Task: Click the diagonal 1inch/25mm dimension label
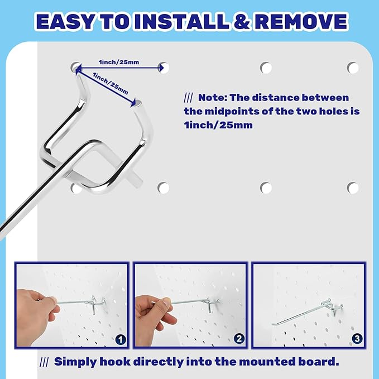coord(111,83)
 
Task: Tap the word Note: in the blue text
coord(214,98)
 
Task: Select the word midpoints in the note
coord(233,112)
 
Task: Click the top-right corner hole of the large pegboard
coord(353,68)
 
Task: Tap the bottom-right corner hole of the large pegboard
coord(353,188)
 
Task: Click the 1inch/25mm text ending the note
coord(218,126)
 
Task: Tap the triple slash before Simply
coord(45,362)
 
